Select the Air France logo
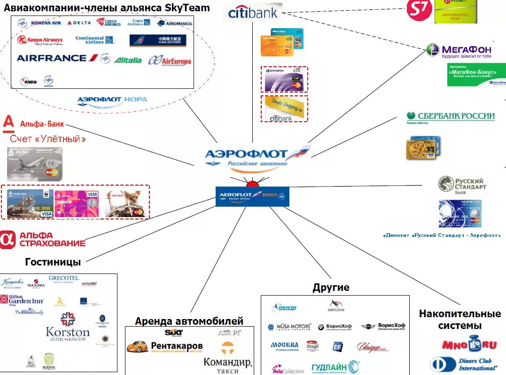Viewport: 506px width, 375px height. point(57,58)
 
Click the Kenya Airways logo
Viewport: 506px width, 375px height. point(40,40)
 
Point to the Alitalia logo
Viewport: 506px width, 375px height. point(128,60)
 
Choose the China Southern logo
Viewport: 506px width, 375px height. point(158,40)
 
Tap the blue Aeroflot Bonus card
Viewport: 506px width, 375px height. point(252,196)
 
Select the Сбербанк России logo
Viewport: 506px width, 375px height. point(450,117)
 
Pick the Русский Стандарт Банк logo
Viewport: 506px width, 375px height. point(462,185)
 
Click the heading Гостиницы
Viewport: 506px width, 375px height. point(53,262)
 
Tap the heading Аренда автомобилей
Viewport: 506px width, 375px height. point(189,321)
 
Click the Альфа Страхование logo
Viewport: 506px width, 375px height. point(43,239)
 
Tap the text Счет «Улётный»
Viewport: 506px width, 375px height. point(48,139)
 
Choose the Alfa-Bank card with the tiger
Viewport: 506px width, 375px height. point(30,203)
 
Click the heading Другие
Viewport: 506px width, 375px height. point(331,288)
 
